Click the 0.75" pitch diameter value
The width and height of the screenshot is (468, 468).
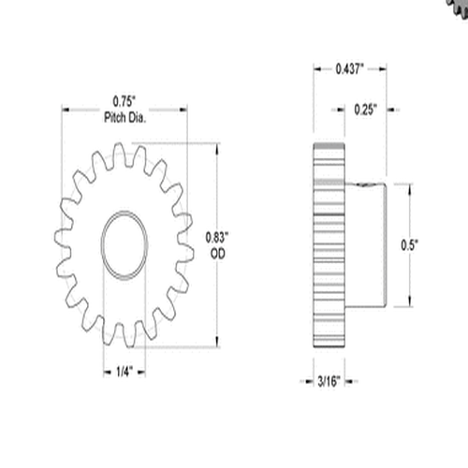pyautogui.click(x=124, y=99)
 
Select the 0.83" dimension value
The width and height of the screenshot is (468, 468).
pyautogui.click(x=214, y=237)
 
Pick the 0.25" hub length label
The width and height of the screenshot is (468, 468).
pyautogui.click(x=366, y=109)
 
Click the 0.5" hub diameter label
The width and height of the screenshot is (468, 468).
pyautogui.click(x=409, y=244)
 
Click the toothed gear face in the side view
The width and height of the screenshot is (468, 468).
pyautogui.click(x=326, y=244)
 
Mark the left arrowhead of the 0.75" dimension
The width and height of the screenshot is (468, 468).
pyautogui.click(x=66, y=108)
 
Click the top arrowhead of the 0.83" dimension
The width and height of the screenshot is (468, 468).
pyautogui.click(x=219, y=146)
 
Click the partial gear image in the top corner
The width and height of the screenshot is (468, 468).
pyautogui.click(x=456, y=7)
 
